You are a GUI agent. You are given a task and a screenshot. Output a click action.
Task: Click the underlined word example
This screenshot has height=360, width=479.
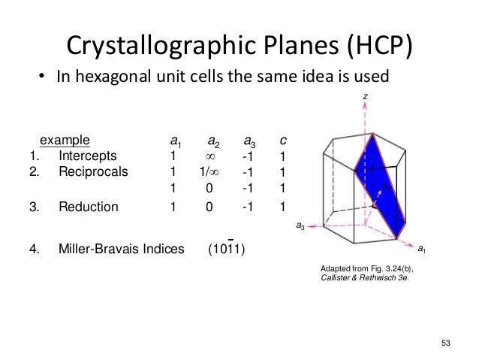pyautogui.click(x=65, y=140)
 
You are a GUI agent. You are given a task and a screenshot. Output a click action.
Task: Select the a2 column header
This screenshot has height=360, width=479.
pyautogui.click(x=214, y=141)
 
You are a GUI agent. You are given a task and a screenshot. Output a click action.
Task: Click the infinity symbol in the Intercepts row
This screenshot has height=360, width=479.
pyautogui.click(x=210, y=156)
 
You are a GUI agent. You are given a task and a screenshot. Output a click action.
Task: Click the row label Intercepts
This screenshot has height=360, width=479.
pyautogui.click(x=87, y=156)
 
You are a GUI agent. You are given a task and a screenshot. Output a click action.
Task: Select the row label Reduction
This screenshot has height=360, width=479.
pyautogui.click(x=88, y=207)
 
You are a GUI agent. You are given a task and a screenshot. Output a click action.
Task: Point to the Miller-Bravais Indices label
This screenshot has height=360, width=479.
pyautogui.click(x=121, y=250)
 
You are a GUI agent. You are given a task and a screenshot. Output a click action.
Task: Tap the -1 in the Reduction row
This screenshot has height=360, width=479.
pyautogui.click(x=247, y=207)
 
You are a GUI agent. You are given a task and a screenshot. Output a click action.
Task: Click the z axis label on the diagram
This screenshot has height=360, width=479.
pyautogui.click(x=364, y=97)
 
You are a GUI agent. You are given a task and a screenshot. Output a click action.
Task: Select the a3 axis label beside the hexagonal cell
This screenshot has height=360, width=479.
pyautogui.click(x=299, y=225)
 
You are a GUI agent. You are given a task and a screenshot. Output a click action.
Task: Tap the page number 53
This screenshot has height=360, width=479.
pyautogui.click(x=447, y=343)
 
